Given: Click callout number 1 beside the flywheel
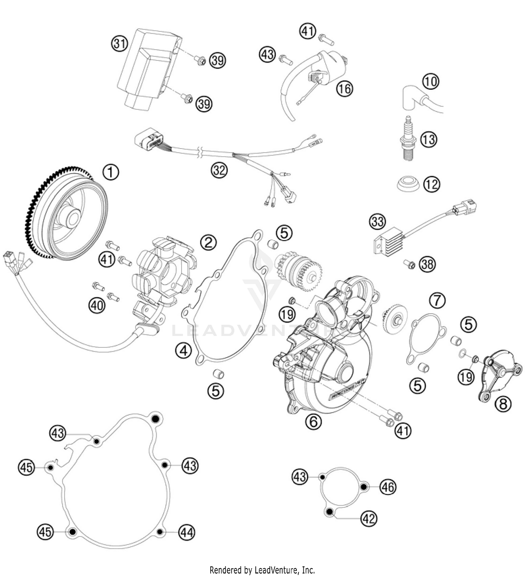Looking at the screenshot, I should [111, 173].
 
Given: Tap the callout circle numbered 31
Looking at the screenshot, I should [120, 44].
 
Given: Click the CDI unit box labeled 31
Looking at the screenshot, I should [147, 66].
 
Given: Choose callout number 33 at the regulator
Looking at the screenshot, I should [378, 222].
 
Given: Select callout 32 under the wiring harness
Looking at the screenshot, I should [219, 171].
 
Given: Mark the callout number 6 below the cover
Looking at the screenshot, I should [313, 422].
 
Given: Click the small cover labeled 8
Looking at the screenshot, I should [500, 377].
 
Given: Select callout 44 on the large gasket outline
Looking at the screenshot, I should [186, 533].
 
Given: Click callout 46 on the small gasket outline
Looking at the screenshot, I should [388, 487].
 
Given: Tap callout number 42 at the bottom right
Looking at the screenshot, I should [369, 518].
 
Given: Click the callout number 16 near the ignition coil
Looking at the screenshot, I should [345, 88].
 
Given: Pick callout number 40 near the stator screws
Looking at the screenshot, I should [97, 306].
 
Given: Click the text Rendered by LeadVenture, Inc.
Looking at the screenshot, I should [262, 570].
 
